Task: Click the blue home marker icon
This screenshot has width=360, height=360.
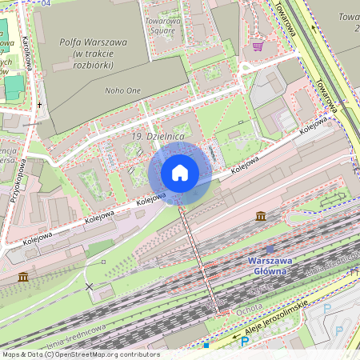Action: click(x=180, y=173)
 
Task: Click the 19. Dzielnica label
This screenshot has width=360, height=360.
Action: click(x=158, y=138)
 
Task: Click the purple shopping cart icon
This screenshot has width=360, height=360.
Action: click(x=258, y=46)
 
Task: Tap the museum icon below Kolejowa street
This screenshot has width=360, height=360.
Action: click(x=261, y=216)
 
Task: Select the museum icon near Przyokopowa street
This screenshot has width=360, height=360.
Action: click(x=22, y=277)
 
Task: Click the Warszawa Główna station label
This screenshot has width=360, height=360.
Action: click(x=267, y=266)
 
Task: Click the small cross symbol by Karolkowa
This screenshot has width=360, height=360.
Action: click(x=38, y=104)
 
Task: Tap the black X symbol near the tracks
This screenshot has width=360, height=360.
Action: click(x=89, y=286)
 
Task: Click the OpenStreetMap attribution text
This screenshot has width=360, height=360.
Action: click(x=70, y=354)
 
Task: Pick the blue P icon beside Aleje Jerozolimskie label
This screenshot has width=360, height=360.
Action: click(x=245, y=342)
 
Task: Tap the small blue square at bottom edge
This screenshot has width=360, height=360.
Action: click(x=206, y=346)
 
